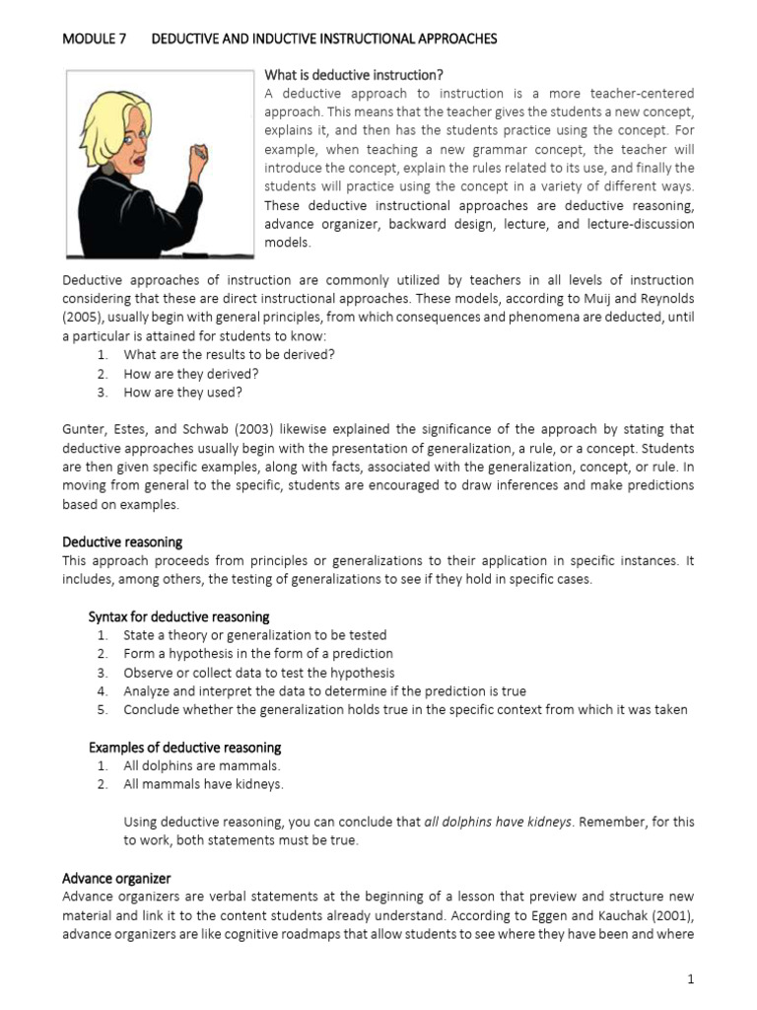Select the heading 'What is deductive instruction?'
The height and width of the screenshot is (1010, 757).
tap(354, 75)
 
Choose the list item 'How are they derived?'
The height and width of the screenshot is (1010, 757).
tap(191, 374)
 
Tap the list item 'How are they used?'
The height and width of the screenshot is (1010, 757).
tap(182, 392)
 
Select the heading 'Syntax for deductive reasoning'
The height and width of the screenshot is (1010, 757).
tap(178, 616)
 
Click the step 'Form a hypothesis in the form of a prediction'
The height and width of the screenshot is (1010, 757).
tap(258, 654)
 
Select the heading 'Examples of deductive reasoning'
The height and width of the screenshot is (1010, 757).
tap(184, 747)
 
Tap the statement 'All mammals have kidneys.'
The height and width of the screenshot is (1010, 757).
tap(203, 784)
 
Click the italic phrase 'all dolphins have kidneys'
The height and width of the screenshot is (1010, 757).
tap(498, 822)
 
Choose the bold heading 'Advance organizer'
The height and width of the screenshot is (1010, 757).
tap(116, 878)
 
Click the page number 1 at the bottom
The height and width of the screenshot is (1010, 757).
tap(691, 979)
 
